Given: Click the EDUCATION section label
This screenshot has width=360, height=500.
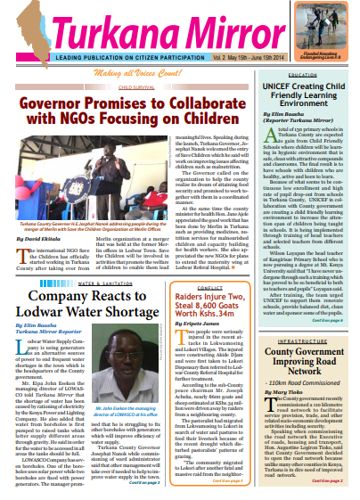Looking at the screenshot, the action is pos(304,75).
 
